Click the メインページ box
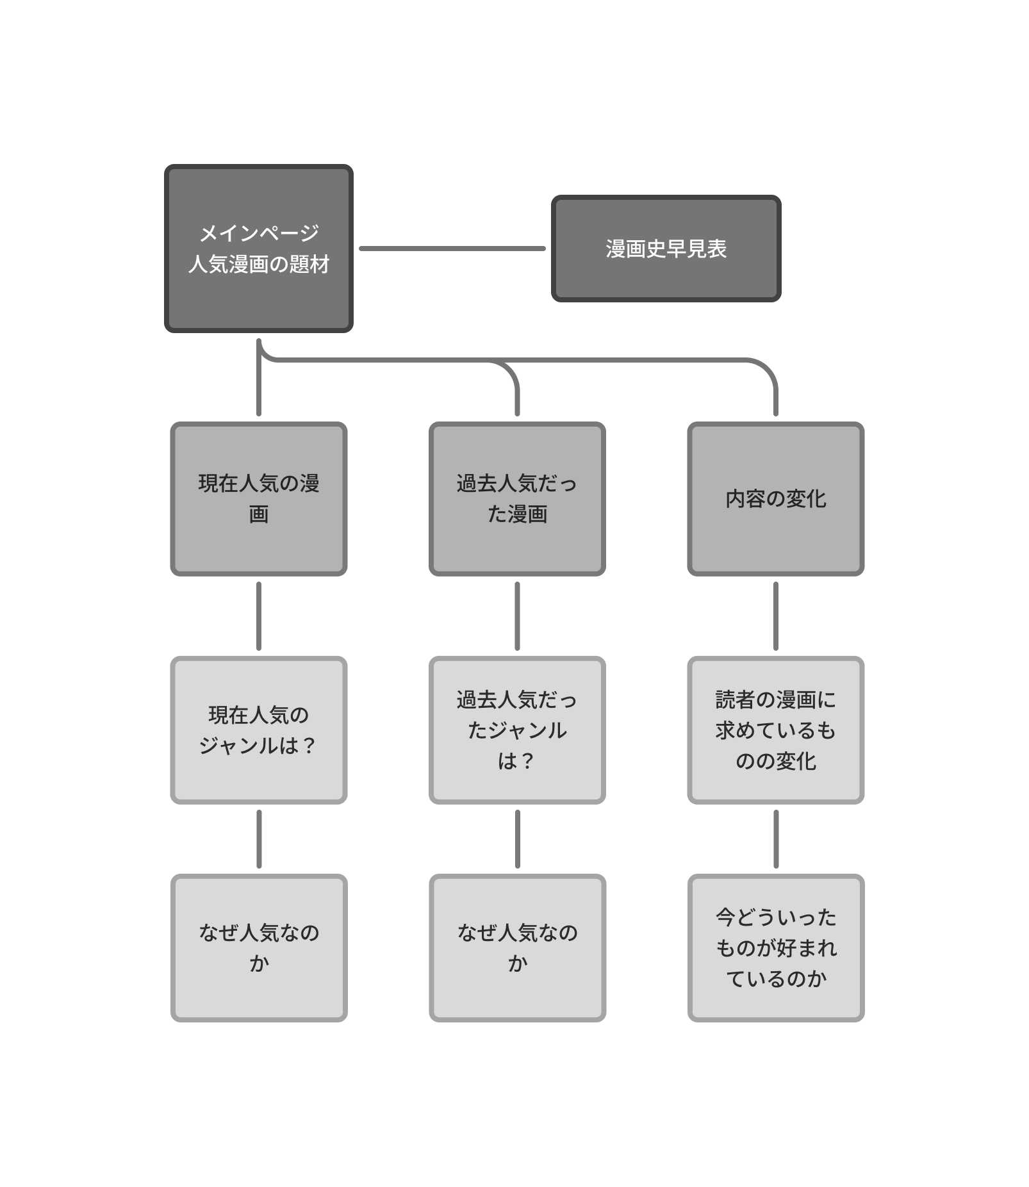[x=258, y=249]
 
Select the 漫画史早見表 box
[x=666, y=249]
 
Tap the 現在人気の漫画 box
[x=258, y=498]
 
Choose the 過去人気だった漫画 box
[x=517, y=498]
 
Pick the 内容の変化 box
[x=775, y=498]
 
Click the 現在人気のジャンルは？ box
[x=258, y=730]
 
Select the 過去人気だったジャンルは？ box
[x=517, y=730]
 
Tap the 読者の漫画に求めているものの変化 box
[x=775, y=730]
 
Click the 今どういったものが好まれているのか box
[x=775, y=947]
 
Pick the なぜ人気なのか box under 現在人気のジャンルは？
[x=258, y=947]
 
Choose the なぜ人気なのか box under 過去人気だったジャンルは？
[x=517, y=947]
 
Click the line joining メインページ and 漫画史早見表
[x=452, y=249]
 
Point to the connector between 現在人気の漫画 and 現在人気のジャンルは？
[x=259, y=616]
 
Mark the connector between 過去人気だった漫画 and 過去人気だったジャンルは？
[x=517, y=616]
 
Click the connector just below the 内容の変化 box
[x=776, y=616]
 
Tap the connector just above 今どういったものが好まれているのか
[x=776, y=839]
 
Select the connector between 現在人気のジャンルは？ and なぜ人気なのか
[x=259, y=839]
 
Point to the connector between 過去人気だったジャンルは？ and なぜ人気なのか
[x=517, y=839]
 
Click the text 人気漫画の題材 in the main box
[x=259, y=264]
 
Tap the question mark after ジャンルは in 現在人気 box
[x=309, y=745]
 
